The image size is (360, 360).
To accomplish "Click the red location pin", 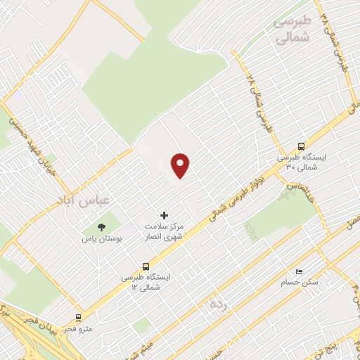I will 181,165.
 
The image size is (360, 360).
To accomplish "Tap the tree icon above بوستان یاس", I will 101,227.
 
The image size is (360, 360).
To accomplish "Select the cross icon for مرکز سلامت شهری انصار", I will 165,215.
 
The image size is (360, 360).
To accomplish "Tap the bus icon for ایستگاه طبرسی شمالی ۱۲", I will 146,266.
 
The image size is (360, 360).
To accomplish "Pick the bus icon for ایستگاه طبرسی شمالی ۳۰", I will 301,146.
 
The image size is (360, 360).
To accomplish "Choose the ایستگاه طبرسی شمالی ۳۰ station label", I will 301,162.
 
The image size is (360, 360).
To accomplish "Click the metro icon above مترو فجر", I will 78,317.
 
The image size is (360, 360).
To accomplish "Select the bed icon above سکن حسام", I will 300,271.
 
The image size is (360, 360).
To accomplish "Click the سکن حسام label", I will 300,282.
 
